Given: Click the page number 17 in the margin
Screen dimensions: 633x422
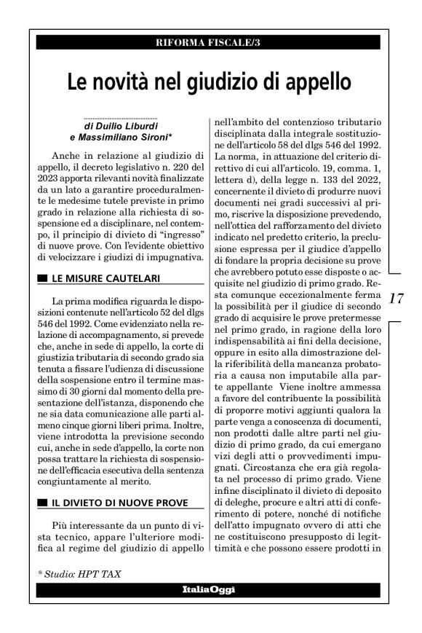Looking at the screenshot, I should coord(397,299).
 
